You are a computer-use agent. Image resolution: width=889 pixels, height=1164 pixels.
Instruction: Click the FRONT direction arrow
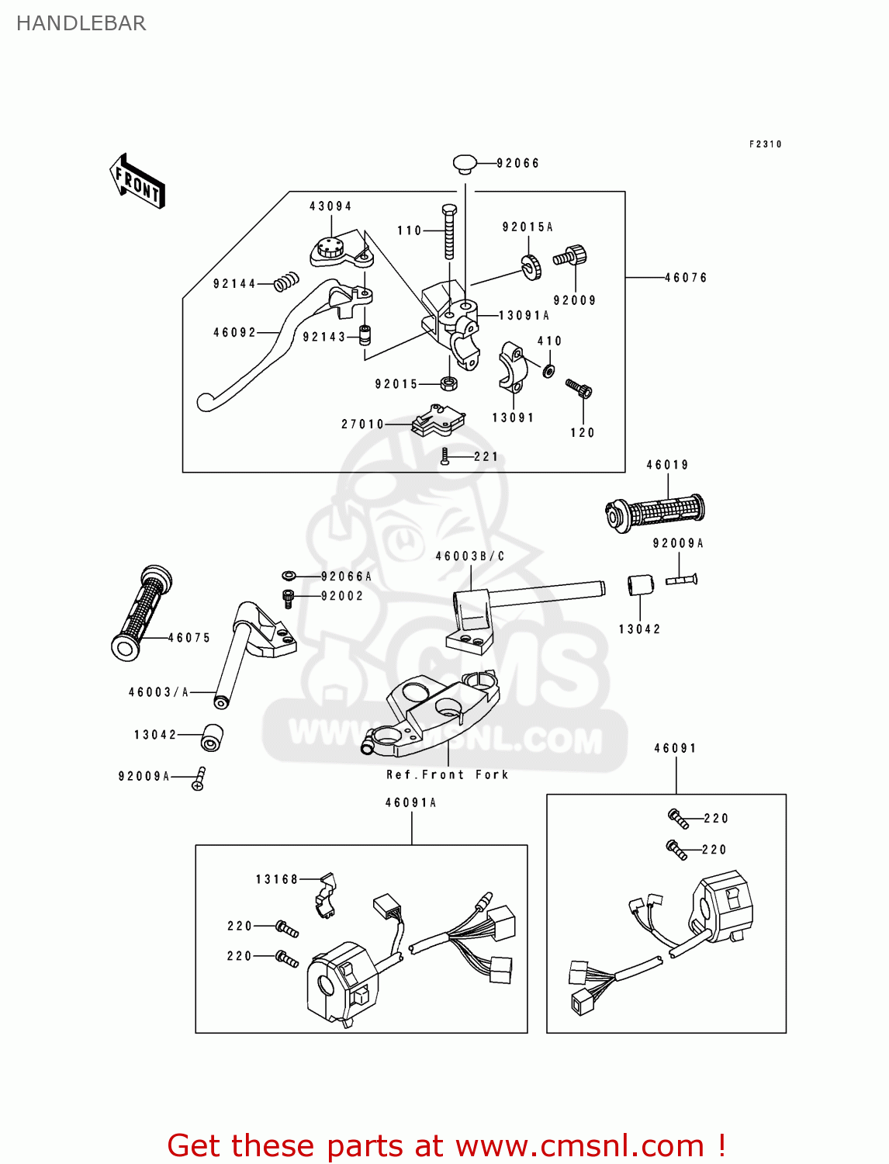click(137, 181)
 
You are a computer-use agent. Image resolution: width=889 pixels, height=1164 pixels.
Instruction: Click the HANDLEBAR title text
click(81, 23)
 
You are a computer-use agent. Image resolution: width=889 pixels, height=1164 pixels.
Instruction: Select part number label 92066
click(517, 163)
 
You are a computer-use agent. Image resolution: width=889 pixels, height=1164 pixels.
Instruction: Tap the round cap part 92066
click(465, 164)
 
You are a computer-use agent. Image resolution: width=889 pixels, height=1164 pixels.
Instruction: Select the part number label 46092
click(234, 332)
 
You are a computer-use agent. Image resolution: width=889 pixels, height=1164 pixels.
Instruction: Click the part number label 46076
click(686, 277)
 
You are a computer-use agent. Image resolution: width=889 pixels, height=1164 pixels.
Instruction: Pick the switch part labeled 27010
click(438, 420)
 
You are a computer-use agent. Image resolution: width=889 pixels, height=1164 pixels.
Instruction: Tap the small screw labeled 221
click(444, 456)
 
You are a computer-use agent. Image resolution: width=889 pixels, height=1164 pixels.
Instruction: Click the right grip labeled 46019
click(656, 511)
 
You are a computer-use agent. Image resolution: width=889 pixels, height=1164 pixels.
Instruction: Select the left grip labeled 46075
click(141, 613)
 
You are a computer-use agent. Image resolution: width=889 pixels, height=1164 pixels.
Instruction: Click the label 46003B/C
click(470, 556)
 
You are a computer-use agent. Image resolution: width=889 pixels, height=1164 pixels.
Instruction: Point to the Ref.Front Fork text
click(448, 774)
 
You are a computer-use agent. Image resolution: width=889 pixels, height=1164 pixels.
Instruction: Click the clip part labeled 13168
click(326, 894)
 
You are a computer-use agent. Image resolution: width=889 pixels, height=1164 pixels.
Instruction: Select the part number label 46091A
click(411, 802)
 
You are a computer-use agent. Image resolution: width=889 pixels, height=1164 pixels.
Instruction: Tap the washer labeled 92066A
click(289, 576)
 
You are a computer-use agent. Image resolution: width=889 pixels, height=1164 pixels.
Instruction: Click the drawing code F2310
click(765, 144)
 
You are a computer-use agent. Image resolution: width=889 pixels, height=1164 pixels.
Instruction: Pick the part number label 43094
click(330, 206)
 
